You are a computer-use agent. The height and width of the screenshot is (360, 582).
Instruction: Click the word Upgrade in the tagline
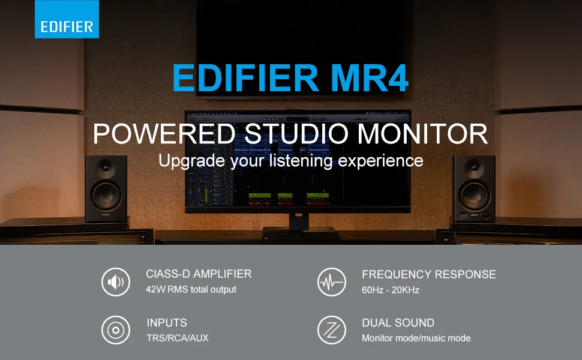pos(191,161)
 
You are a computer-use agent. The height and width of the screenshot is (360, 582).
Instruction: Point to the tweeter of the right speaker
pos(474,166)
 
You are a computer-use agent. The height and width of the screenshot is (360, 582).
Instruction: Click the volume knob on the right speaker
pos(486,215)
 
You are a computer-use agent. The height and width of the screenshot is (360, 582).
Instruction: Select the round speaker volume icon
pos(116,282)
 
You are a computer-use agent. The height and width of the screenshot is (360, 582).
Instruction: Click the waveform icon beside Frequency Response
pos(332,282)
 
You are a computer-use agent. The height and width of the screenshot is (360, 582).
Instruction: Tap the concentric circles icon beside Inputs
pos(116,330)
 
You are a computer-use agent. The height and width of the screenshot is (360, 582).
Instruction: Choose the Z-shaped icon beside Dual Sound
pos(332,330)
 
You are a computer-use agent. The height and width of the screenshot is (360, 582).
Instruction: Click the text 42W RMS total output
pos(191,289)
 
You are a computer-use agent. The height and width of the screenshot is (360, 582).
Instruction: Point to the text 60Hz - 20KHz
pos(391,290)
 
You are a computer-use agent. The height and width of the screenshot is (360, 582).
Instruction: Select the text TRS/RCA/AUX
pos(178,338)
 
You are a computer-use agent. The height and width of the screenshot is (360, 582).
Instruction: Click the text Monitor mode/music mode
pos(416,338)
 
